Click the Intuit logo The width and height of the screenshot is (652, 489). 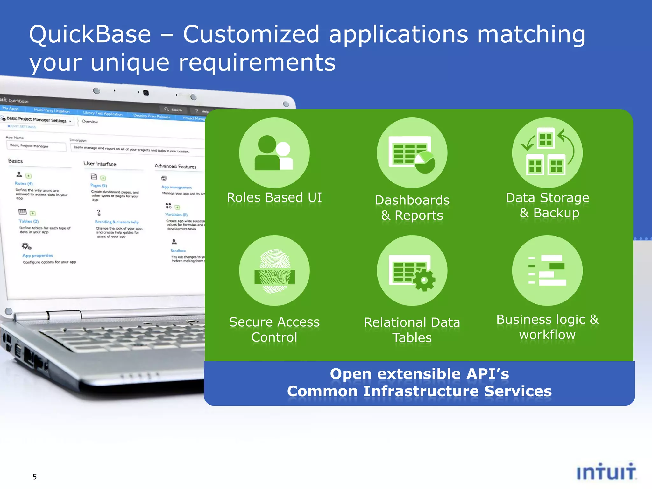tap(606, 472)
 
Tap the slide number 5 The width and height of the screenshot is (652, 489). tap(34, 477)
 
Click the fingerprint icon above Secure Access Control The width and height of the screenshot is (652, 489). tap(274, 271)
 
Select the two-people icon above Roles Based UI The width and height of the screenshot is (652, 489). tap(274, 153)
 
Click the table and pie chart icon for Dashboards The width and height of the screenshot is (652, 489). tap(412, 153)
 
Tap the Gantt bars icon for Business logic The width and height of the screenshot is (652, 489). tap(547, 270)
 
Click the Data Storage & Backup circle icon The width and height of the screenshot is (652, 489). tap(547, 152)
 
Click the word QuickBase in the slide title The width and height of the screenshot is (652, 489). tap(90, 34)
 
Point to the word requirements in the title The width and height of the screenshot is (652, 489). tap(257, 62)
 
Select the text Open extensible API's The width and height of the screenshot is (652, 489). tap(419, 374)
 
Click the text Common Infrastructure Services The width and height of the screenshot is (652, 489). tap(419, 391)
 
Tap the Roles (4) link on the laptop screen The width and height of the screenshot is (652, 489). tap(24, 183)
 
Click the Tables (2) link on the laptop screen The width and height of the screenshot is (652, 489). tap(29, 221)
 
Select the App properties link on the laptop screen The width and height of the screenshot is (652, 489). tap(38, 255)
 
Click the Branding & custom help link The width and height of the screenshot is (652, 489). tap(117, 222)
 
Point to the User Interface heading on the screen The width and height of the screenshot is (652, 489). tap(100, 164)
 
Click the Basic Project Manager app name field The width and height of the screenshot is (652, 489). tap(36, 146)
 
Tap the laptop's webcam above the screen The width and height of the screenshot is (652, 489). tap(146, 93)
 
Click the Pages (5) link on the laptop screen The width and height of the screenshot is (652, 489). tap(99, 185)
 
